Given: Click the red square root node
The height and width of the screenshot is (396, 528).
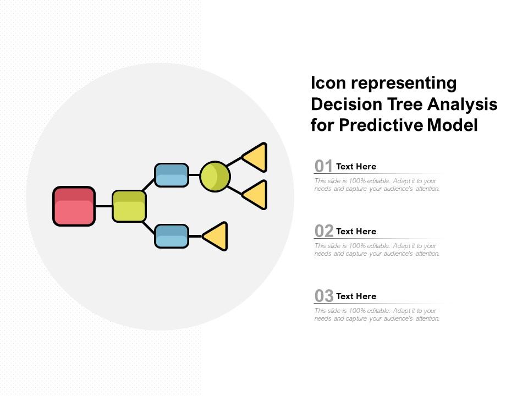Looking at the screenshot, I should click(74, 206).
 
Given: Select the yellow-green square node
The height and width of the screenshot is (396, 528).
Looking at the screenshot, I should click(129, 206).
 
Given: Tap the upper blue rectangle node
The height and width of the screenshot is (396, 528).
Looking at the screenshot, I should click(172, 175).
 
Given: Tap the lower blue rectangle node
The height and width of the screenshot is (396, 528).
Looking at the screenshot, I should click(172, 236).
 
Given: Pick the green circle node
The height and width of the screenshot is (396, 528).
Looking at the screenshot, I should click(215, 177).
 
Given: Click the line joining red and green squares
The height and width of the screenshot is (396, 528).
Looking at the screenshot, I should click(103, 206).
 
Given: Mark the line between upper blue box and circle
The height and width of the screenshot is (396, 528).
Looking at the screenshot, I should click(194, 175).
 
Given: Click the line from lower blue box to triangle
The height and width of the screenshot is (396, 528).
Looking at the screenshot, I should click(195, 236).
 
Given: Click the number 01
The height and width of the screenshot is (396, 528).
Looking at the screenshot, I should click(324, 166).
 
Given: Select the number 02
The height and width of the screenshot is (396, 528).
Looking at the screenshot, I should click(324, 231).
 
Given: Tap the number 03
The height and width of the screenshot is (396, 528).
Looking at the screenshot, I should click(324, 296).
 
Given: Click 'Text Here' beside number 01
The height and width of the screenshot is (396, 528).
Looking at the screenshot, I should click(356, 167).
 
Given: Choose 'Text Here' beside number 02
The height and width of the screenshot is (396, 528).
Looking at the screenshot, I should click(356, 232).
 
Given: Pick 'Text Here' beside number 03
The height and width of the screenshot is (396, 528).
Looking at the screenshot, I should click(356, 296).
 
